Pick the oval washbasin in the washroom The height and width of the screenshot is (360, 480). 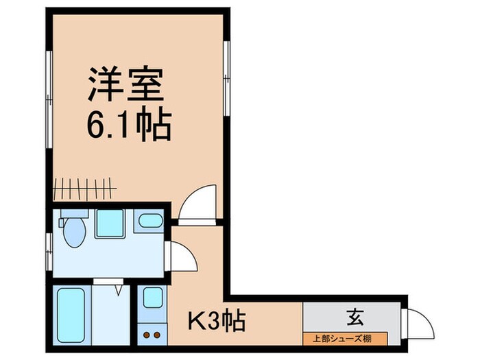(x=149, y=221)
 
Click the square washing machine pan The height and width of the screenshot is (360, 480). (x=109, y=222)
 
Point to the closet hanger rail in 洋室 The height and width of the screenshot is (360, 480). (x=86, y=186)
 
